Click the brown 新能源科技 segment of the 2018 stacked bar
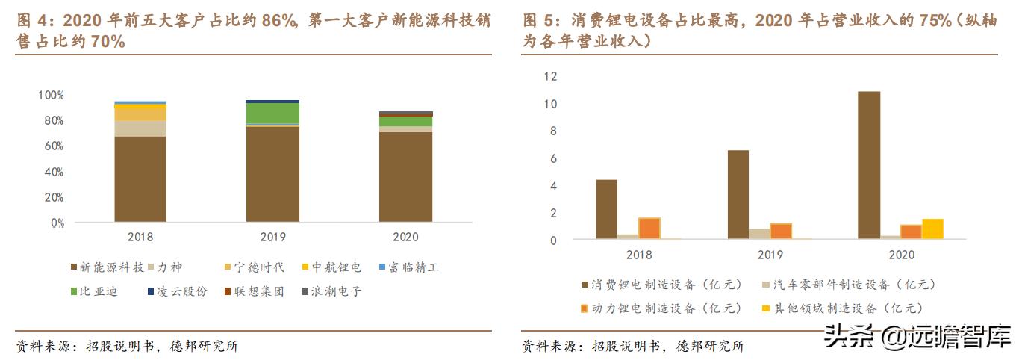coord(140,179)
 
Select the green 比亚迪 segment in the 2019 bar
coord(272,113)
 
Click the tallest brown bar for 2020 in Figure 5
coord(868,165)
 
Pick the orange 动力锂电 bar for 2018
coord(649,229)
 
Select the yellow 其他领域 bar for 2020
coord(932,229)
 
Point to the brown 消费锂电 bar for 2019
coord(738,195)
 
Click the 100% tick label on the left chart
coord(51,96)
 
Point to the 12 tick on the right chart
coord(551,76)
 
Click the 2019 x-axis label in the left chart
coord(272,237)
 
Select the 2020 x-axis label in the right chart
coord(901,255)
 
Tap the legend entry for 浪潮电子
coord(331,291)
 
